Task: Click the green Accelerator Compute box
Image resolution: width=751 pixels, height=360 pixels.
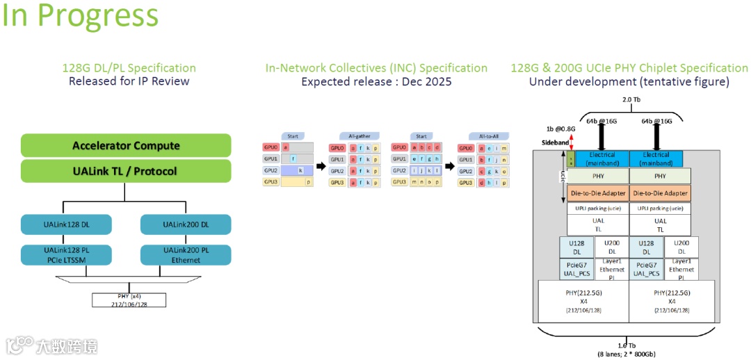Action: tap(126, 145)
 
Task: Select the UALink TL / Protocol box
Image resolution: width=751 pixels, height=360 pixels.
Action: tap(126, 171)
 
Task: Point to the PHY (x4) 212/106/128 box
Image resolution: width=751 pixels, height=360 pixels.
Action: tap(129, 300)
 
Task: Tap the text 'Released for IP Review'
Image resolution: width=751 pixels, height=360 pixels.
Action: tap(129, 81)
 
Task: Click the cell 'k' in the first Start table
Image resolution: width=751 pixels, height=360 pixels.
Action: tap(300, 170)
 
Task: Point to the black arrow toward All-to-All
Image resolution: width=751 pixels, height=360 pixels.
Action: tap(450, 166)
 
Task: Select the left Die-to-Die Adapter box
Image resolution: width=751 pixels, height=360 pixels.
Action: tap(598, 193)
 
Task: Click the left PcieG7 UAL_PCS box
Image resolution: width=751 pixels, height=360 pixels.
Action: tap(576, 270)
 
